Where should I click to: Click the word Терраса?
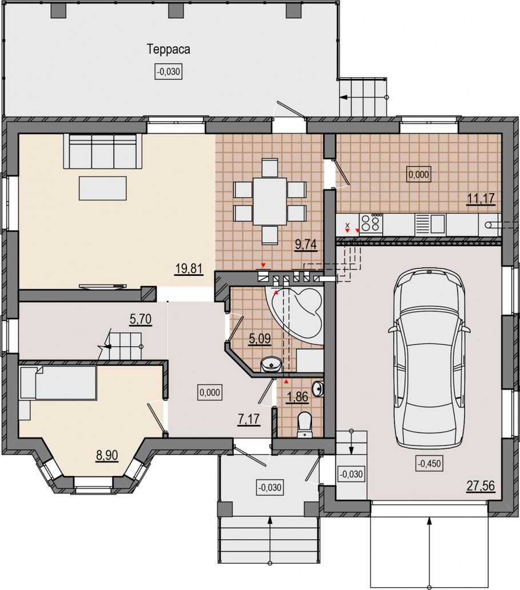pyautogui.click(x=169, y=50)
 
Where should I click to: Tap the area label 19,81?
pyautogui.click(x=189, y=269)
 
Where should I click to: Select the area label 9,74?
pyautogui.click(x=306, y=244)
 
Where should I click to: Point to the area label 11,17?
pyautogui.click(x=481, y=198)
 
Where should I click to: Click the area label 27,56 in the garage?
pyautogui.click(x=481, y=486)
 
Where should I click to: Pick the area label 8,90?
pyautogui.click(x=107, y=455)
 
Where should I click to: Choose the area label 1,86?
pyautogui.click(x=297, y=397)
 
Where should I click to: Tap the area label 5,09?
pyautogui.click(x=260, y=339)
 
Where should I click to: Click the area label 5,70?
pyautogui.click(x=141, y=319)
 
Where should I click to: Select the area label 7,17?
pyautogui.click(x=249, y=419)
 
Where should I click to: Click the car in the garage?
pyautogui.click(x=429, y=358)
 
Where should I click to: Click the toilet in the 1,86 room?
pyautogui.click(x=304, y=425)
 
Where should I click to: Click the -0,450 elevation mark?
pyautogui.click(x=429, y=464)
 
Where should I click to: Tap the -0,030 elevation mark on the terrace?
pyautogui.click(x=169, y=71)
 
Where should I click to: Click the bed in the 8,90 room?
pyautogui.click(x=59, y=383)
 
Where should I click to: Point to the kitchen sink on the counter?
pyautogui.click(x=430, y=224)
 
